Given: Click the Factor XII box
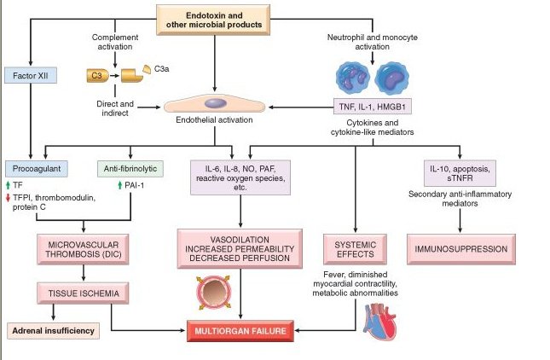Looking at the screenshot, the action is pyautogui.click(x=31, y=75).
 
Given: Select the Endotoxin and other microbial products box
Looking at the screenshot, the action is pyautogui.click(x=213, y=20).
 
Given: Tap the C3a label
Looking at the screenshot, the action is pyautogui.click(x=162, y=69).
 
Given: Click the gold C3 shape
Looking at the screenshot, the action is pyautogui.click(x=97, y=75).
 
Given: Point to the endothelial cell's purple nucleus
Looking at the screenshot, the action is pyautogui.click(x=216, y=103).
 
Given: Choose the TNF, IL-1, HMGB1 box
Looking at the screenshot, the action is pyautogui.click(x=372, y=107).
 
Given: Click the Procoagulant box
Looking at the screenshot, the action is pyautogui.click(x=37, y=169).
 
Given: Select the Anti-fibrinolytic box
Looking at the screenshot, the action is pyautogui.click(x=130, y=169).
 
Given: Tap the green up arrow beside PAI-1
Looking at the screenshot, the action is pyautogui.click(x=119, y=185).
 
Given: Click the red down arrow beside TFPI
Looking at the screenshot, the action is pyautogui.click(x=8, y=198).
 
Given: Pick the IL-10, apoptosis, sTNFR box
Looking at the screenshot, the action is pyautogui.click(x=460, y=173).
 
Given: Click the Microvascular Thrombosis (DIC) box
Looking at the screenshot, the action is pyautogui.click(x=83, y=249).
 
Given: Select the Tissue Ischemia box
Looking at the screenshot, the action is pyautogui.click(x=83, y=293).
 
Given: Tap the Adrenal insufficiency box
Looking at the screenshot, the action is pyautogui.click(x=54, y=331).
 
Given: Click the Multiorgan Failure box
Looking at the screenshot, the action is pyautogui.click(x=240, y=331).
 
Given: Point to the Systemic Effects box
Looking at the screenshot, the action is pyautogui.click(x=355, y=249).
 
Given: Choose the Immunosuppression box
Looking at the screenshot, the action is pyautogui.click(x=461, y=249).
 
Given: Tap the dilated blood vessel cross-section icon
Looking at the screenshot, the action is pyautogui.click(x=213, y=293).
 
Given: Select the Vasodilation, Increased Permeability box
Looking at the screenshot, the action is pyautogui.click(x=240, y=249).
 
